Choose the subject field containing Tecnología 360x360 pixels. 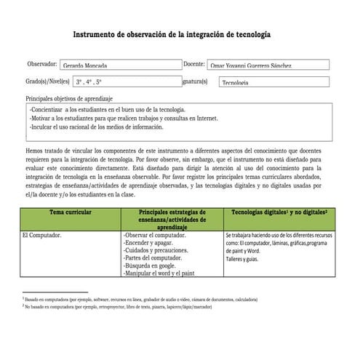273,83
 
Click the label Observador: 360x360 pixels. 41,65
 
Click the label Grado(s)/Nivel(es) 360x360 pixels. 47,82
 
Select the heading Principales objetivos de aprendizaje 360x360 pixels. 69,97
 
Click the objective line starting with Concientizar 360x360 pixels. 108,109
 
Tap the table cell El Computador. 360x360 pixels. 42,236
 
